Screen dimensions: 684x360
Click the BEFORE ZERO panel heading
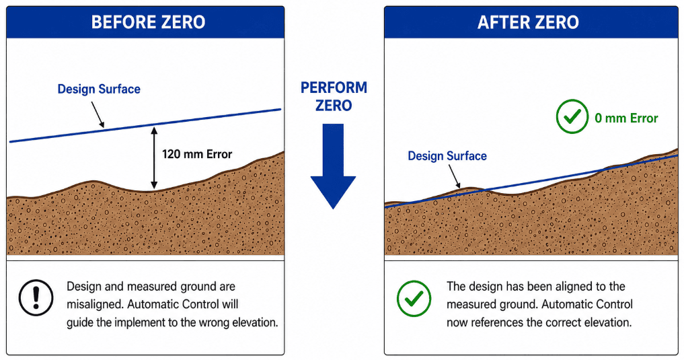149,22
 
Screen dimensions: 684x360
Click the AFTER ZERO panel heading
528,22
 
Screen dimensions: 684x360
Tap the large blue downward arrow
334,166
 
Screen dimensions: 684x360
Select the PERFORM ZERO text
334,96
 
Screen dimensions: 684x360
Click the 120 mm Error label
197,154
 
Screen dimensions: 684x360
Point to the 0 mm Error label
626,118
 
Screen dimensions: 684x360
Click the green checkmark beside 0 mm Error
572,116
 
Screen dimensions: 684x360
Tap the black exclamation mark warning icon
36,297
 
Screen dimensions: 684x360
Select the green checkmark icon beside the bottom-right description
414,298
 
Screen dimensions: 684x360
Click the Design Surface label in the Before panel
99,89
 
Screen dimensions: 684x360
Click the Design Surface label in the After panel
447,156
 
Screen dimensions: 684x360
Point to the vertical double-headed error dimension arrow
153,157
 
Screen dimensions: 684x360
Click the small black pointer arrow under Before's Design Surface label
98,115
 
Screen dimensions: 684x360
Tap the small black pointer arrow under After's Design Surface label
455,177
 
